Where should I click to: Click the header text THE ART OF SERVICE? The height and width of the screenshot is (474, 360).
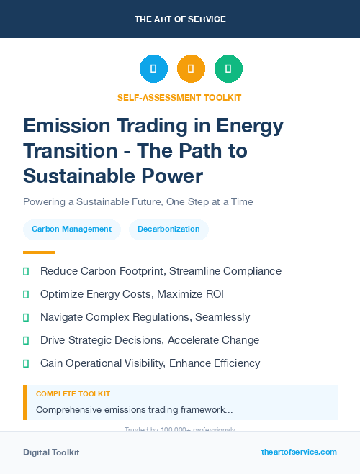pos(180,19)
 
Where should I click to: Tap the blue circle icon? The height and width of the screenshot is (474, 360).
pos(153,69)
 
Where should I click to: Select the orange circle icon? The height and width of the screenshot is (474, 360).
pos(191,69)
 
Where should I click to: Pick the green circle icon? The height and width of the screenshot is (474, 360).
pos(228,69)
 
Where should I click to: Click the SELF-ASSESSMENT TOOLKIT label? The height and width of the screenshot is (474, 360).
pos(180,97)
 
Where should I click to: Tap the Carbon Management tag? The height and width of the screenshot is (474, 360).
pos(71,229)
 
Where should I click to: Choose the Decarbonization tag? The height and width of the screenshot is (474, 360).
pos(168,229)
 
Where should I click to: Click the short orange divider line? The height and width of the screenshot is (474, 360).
pos(39,252)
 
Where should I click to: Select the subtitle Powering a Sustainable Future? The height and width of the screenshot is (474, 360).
pos(138,201)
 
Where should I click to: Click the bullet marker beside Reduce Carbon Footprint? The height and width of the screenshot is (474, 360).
pos(26,271)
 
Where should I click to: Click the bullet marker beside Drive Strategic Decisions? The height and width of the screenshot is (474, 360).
pos(26,340)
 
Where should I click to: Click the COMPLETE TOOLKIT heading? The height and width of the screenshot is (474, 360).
pos(73,394)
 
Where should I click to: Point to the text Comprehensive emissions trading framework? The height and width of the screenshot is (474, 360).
pos(134,410)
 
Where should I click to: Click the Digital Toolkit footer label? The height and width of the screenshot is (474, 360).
pos(51,452)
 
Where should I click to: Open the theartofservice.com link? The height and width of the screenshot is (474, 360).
pos(299,452)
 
